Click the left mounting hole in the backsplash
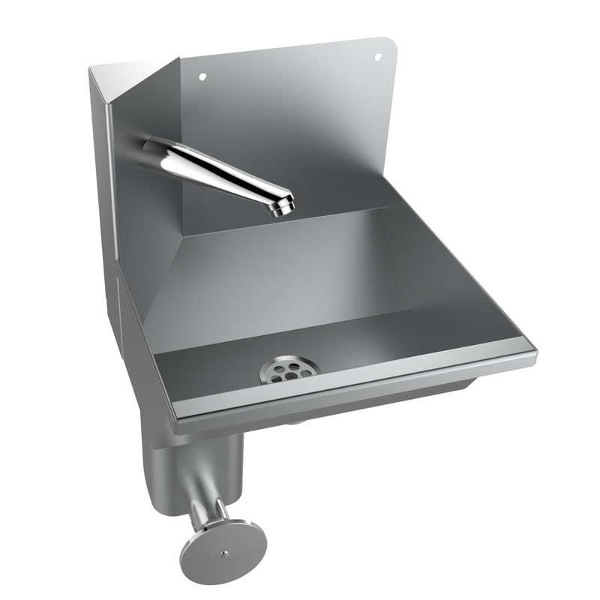coord(201,76)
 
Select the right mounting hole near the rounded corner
coord(377,56)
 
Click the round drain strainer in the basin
coord(289,370)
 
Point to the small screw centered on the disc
coord(224,553)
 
